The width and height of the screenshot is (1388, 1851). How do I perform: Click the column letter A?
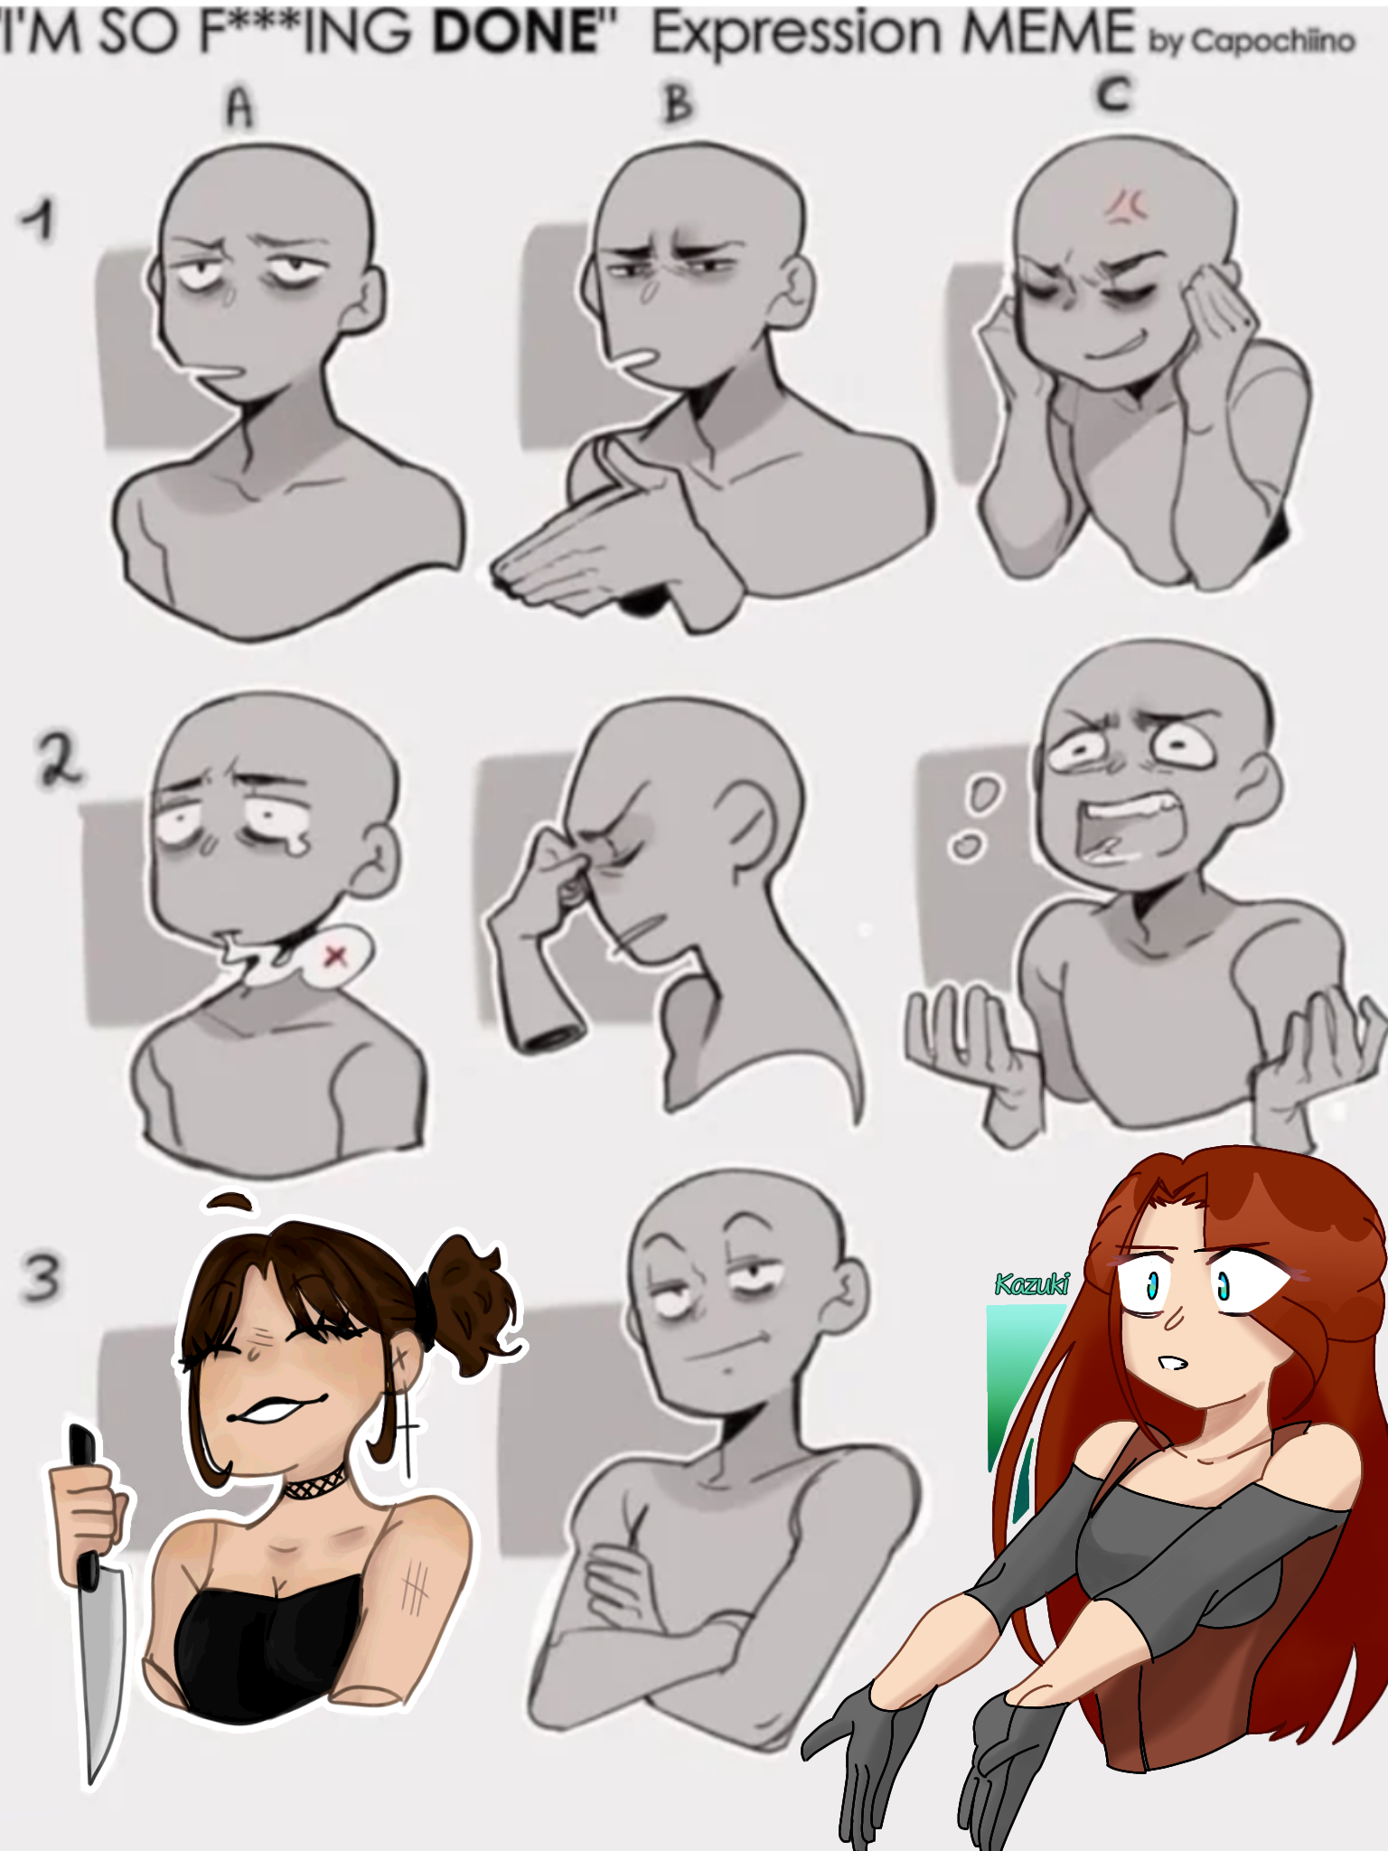click(x=240, y=108)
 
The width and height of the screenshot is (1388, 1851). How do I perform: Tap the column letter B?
click(x=678, y=103)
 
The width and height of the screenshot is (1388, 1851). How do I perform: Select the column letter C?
click(x=1114, y=94)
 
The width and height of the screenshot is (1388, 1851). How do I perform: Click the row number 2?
click(x=59, y=760)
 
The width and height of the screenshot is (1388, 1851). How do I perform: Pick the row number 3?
click(x=41, y=1276)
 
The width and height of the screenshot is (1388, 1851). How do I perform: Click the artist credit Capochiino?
click(x=1272, y=41)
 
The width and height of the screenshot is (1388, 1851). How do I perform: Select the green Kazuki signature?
click(x=1031, y=1283)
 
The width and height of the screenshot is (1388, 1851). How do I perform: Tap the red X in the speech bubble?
click(x=336, y=955)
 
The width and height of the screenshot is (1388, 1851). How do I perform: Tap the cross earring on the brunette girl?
click(x=407, y=1428)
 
